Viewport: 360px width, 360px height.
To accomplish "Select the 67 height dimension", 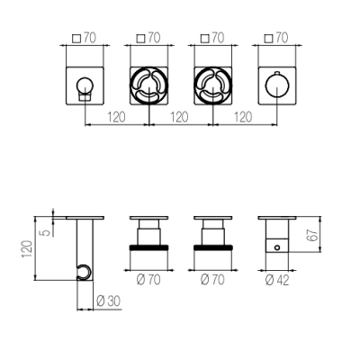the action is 312,235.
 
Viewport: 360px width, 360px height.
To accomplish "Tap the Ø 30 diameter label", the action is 109,301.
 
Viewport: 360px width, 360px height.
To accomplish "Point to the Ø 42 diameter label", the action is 277,280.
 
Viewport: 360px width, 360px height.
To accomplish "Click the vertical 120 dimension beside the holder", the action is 27,248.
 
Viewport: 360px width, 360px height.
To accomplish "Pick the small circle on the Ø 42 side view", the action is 277,247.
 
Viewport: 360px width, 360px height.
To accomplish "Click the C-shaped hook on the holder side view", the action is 84,273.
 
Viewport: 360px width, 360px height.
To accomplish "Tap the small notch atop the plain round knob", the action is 277,72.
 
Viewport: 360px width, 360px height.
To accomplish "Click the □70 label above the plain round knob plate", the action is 276,38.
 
